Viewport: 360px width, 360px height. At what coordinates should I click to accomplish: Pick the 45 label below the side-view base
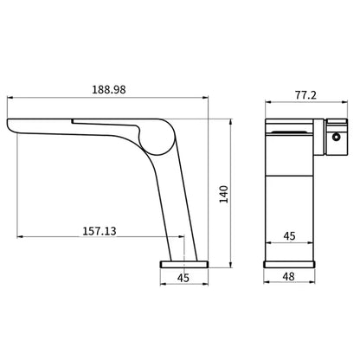(x=183, y=278)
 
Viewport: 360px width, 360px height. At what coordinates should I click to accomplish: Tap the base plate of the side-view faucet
(x=183, y=261)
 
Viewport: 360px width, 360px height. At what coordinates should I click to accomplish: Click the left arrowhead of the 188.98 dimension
(x=10, y=98)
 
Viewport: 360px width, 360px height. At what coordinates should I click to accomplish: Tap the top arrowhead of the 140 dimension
(x=231, y=119)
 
